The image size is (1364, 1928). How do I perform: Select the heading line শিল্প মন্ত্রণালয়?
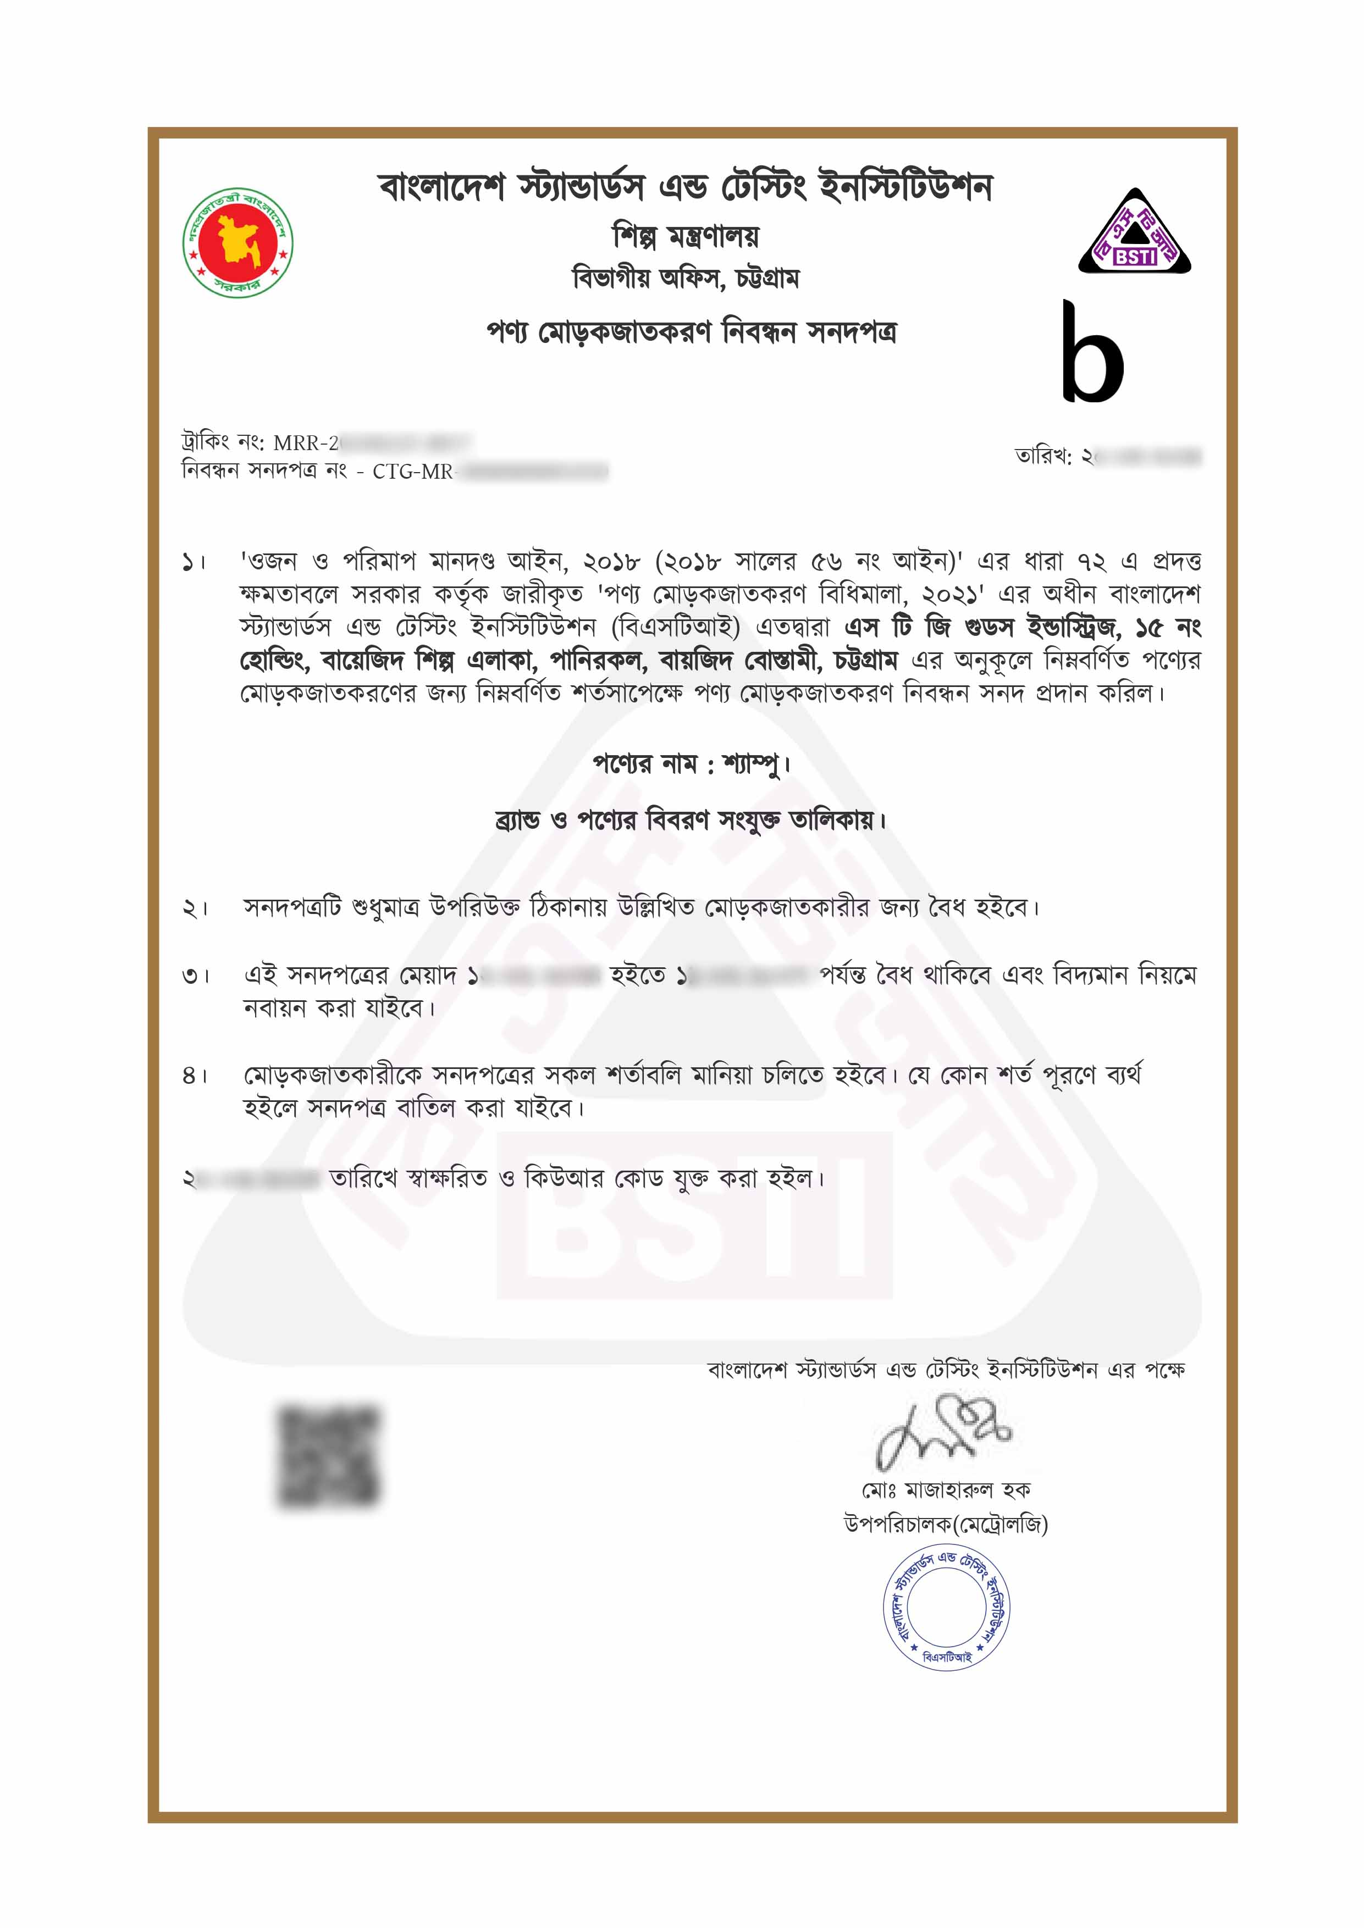pos(686,237)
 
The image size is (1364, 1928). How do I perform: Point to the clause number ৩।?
pos(195,977)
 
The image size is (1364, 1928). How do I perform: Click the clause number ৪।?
pos(195,1076)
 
